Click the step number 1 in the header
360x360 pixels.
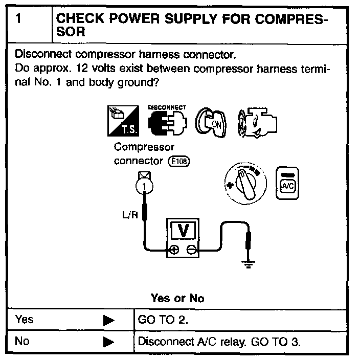[18, 19]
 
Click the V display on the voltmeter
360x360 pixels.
[185, 231]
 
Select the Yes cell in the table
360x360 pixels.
[25, 320]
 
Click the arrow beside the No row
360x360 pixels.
[108, 342]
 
